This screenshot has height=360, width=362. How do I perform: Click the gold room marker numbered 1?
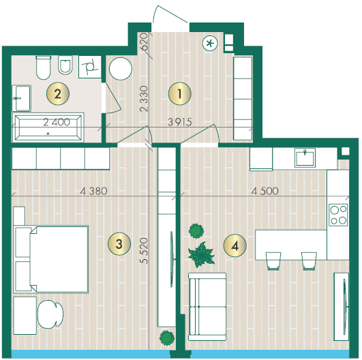point(179,93)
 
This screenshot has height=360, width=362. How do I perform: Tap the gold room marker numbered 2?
point(58,94)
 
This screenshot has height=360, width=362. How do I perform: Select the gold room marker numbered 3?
point(119,243)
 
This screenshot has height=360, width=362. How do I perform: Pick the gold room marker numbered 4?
point(235,245)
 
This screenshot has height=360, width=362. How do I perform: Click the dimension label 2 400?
point(57,122)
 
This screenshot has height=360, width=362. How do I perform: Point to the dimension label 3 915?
point(180,122)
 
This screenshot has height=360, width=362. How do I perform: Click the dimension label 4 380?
point(93,191)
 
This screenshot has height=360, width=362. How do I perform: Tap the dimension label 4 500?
point(265,191)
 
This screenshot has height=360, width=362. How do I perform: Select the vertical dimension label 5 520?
point(144,250)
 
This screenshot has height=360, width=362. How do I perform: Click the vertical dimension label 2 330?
point(144,99)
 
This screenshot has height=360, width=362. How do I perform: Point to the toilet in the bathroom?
point(44,67)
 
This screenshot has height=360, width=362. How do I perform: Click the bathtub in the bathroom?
point(48,127)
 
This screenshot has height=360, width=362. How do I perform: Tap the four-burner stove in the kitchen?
point(338,215)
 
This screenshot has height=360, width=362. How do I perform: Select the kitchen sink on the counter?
point(305,157)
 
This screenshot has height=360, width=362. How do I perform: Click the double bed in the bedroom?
point(51,259)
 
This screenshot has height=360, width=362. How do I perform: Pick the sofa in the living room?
point(207,307)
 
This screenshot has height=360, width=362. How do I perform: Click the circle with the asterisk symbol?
point(210,43)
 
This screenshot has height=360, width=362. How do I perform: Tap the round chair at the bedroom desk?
point(50,314)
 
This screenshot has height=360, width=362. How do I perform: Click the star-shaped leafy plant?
point(201,255)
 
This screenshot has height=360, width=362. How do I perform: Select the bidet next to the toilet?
point(65,65)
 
